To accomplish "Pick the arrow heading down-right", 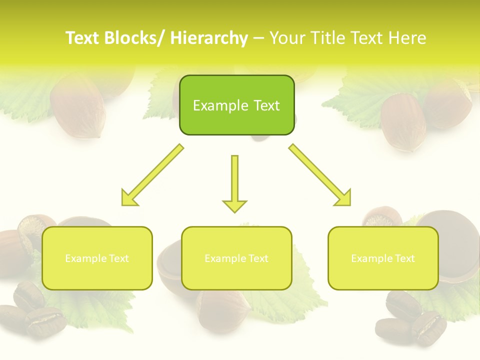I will coord(320,175).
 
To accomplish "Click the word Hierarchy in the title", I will coord(208,38).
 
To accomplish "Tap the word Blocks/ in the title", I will coord(134,38).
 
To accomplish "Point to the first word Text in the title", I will coord(82,38).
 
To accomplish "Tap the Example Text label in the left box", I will coord(97,258).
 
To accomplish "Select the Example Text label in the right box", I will coord(383,258).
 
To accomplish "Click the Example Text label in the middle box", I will coord(236,258).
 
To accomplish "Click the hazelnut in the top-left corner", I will coord(77,102).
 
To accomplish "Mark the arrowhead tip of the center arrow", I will coord(234,212).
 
